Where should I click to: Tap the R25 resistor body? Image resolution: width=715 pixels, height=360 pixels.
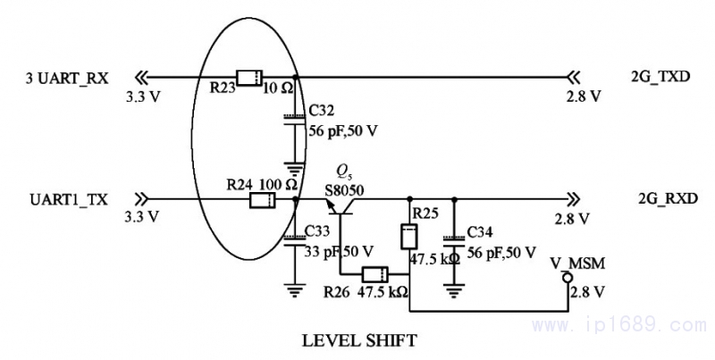coord(409,237)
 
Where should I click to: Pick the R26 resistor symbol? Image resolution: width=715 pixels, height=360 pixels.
coord(374,274)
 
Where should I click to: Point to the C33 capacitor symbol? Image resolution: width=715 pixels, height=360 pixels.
coord(293,239)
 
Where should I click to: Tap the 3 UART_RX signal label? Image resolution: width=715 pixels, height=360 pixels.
coord(67,78)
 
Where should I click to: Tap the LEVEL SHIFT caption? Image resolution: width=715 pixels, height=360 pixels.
coord(359,340)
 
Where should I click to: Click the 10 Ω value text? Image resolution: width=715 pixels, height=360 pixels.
coord(275,89)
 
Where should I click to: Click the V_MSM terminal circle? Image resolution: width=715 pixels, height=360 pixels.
coord(565,278)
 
